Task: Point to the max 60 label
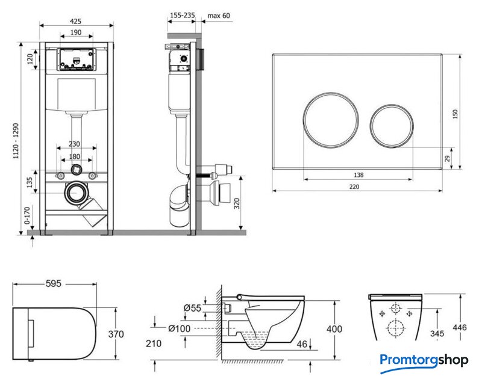218,15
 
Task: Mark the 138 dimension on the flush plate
358,174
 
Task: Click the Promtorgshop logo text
424,360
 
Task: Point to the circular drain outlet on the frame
77,193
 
